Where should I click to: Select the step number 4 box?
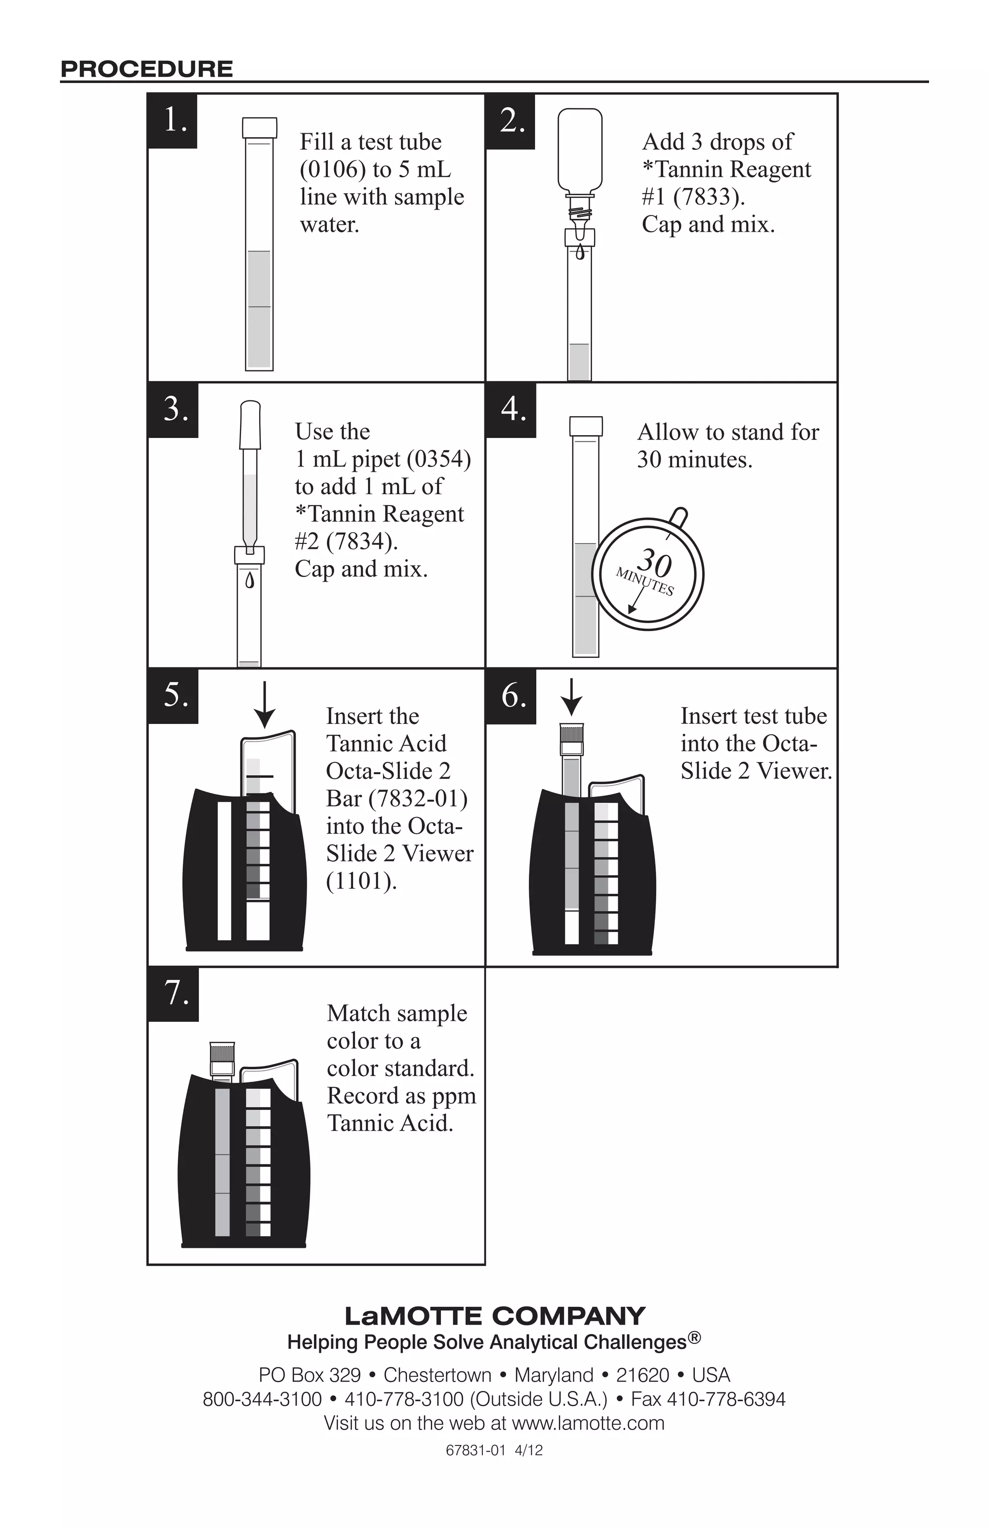point(511,410)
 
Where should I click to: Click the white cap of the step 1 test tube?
point(259,127)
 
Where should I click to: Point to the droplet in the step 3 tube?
point(250,581)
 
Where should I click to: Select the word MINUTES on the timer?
point(644,581)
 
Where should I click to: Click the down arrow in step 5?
point(265,706)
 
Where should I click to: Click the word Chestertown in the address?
point(437,1375)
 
